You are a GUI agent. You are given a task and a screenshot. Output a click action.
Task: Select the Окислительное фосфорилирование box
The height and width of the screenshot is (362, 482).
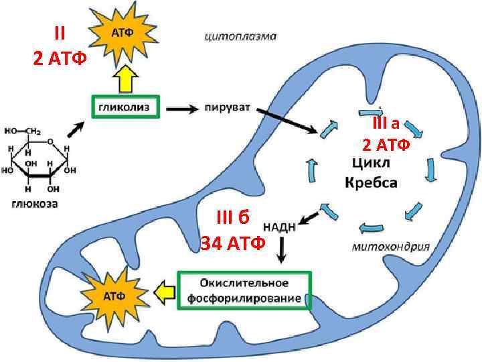tap(244, 290)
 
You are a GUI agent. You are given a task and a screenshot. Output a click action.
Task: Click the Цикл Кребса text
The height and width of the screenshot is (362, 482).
tap(372, 172)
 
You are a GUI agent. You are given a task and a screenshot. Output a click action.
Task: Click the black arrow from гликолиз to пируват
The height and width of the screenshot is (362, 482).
tap(181, 107)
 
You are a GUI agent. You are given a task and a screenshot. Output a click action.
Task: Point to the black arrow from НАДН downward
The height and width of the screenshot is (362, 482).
tap(283, 251)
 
